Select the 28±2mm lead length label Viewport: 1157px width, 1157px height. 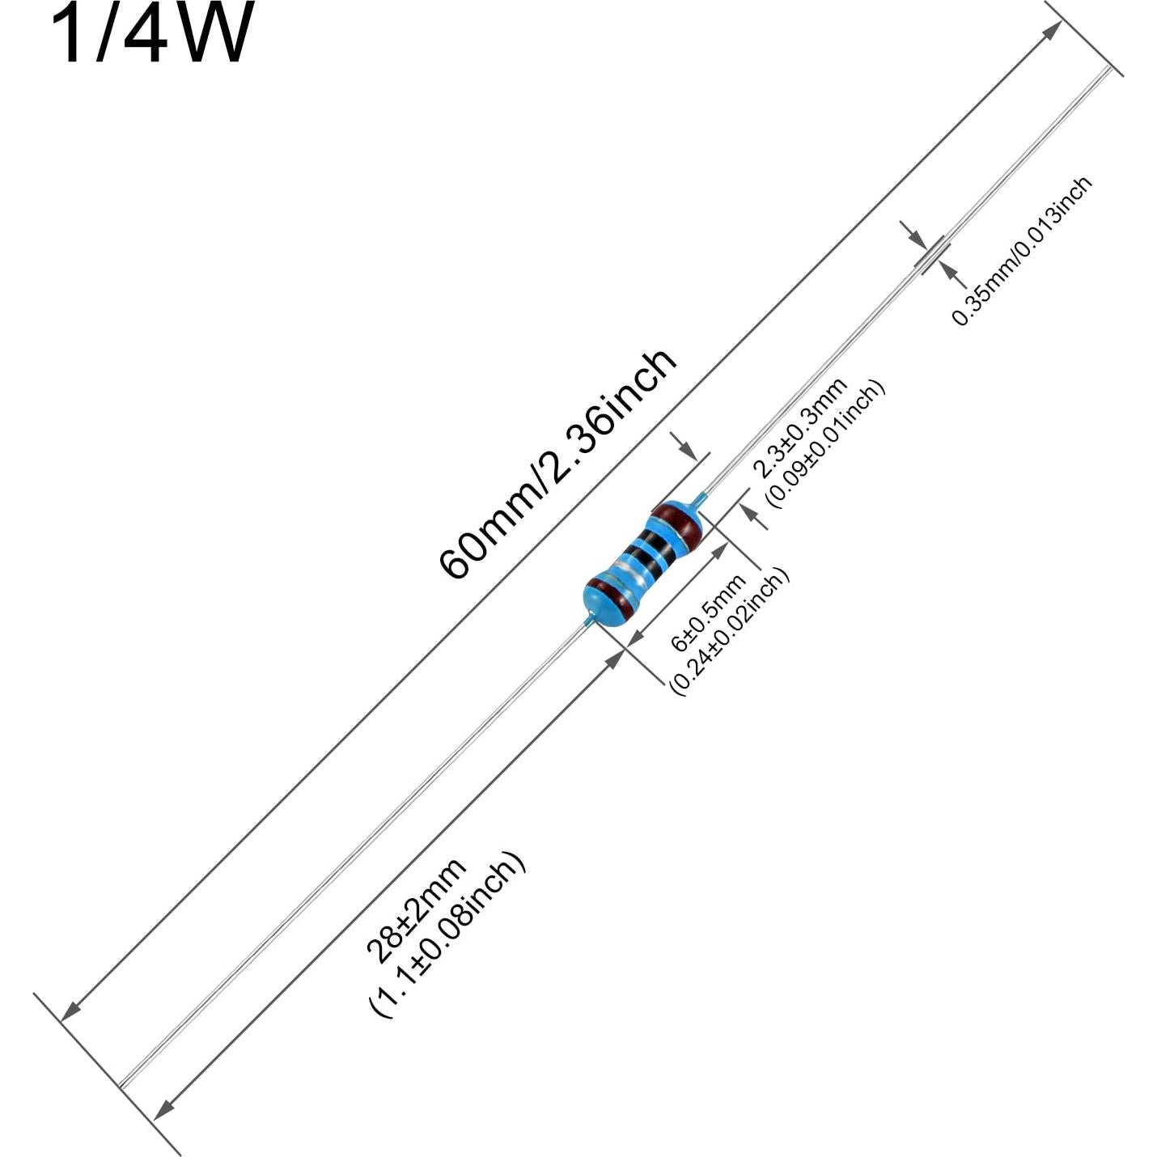click(416, 909)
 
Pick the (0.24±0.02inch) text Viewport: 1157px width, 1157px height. click(728, 632)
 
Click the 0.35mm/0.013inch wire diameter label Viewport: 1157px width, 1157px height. click(1021, 251)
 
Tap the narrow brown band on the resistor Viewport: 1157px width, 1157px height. click(612, 597)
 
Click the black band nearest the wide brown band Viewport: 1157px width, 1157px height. click(657, 548)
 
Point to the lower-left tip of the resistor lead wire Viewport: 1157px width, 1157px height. click(121, 1085)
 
